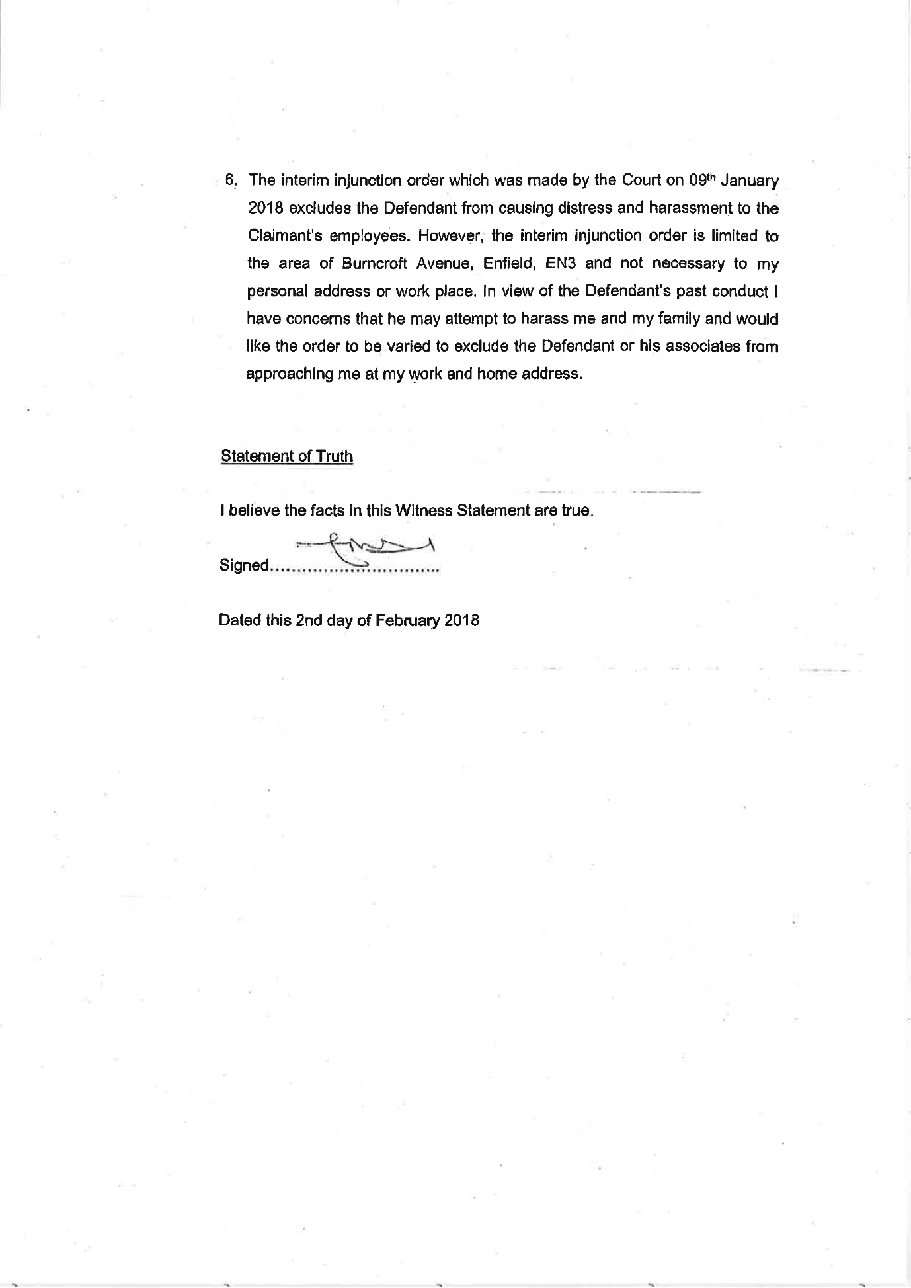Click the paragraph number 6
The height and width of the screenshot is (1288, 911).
click(x=230, y=181)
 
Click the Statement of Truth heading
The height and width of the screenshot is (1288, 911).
click(x=287, y=456)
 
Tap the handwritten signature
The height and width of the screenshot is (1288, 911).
click(x=366, y=548)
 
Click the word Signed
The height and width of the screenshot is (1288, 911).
click(x=244, y=566)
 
